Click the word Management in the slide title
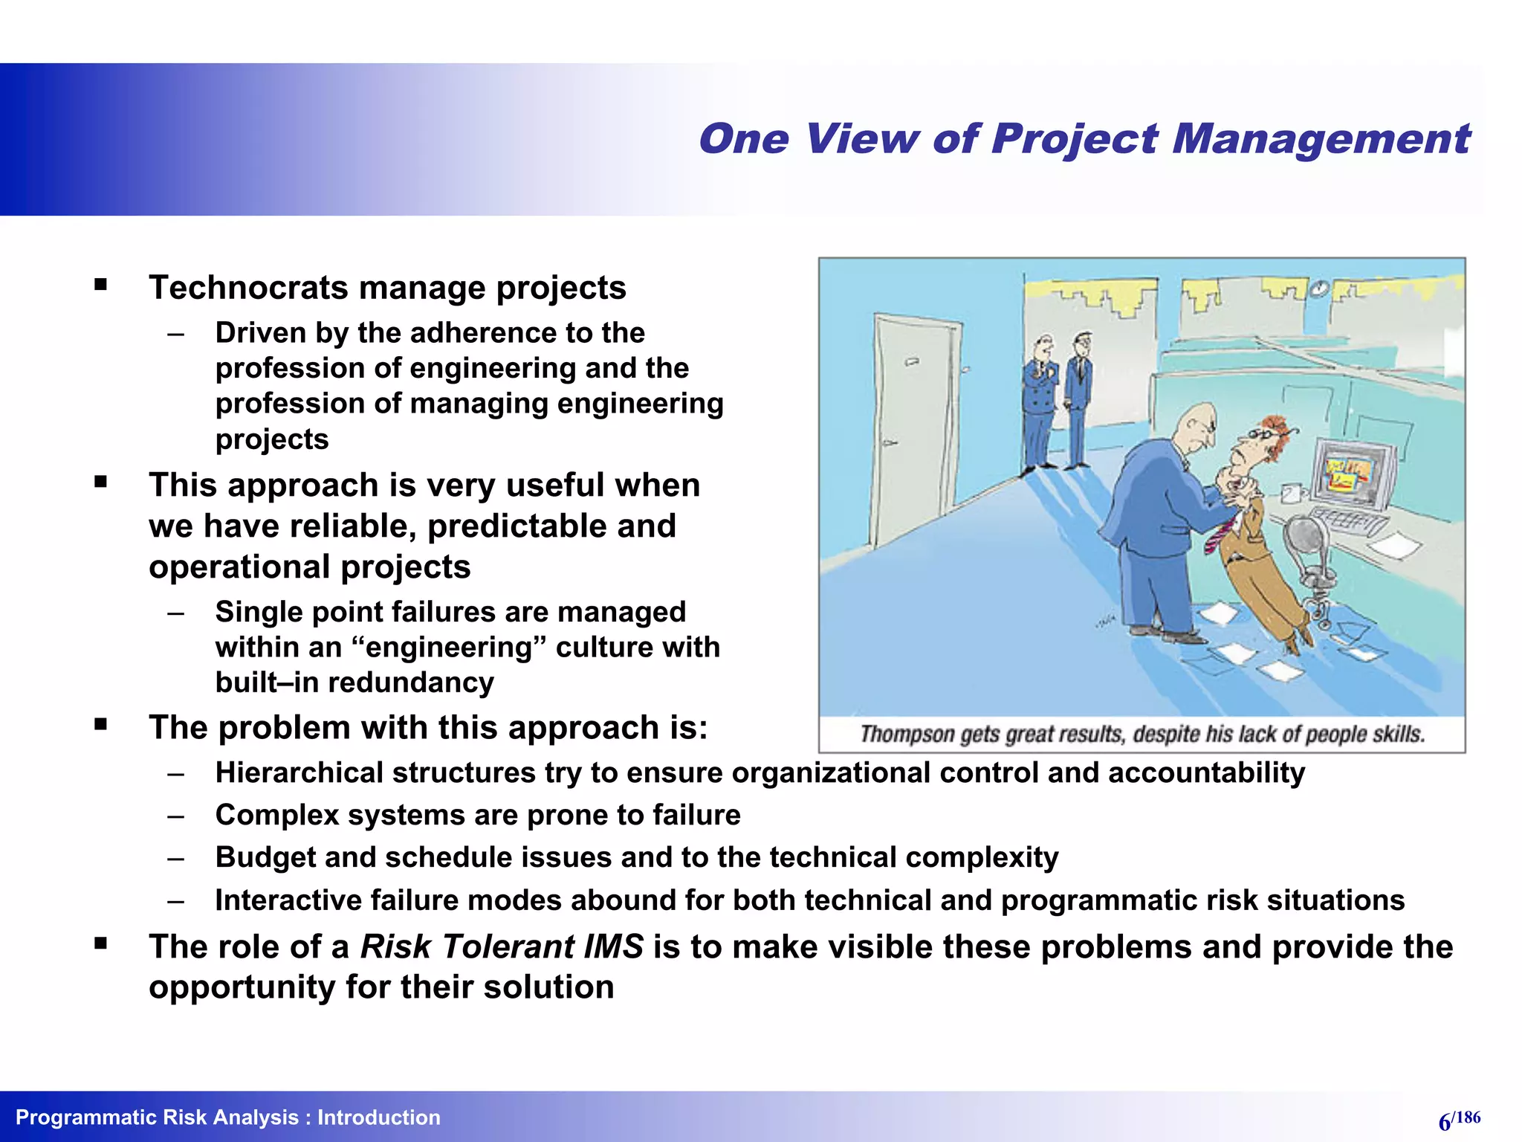pyautogui.click(x=1321, y=140)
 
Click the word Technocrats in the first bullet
pyautogui.click(x=247, y=288)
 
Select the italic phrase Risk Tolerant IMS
pyautogui.click(x=502, y=946)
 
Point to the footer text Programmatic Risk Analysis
pyautogui.click(x=157, y=1117)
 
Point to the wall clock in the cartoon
pyautogui.click(x=1319, y=288)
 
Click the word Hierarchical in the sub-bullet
pyautogui.click(x=300, y=773)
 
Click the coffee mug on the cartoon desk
pyautogui.click(x=1292, y=493)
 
